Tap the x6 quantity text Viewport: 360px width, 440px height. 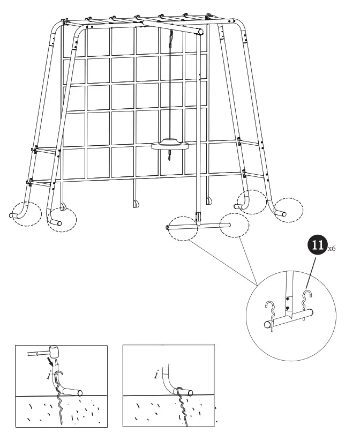(x=332, y=249)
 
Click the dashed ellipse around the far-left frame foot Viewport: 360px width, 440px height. (x=25, y=213)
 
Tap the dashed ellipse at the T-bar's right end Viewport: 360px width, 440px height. (x=232, y=226)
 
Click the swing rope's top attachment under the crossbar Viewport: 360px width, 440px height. (x=171, y=36)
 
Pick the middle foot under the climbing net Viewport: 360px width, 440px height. (x=134, y=203)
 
